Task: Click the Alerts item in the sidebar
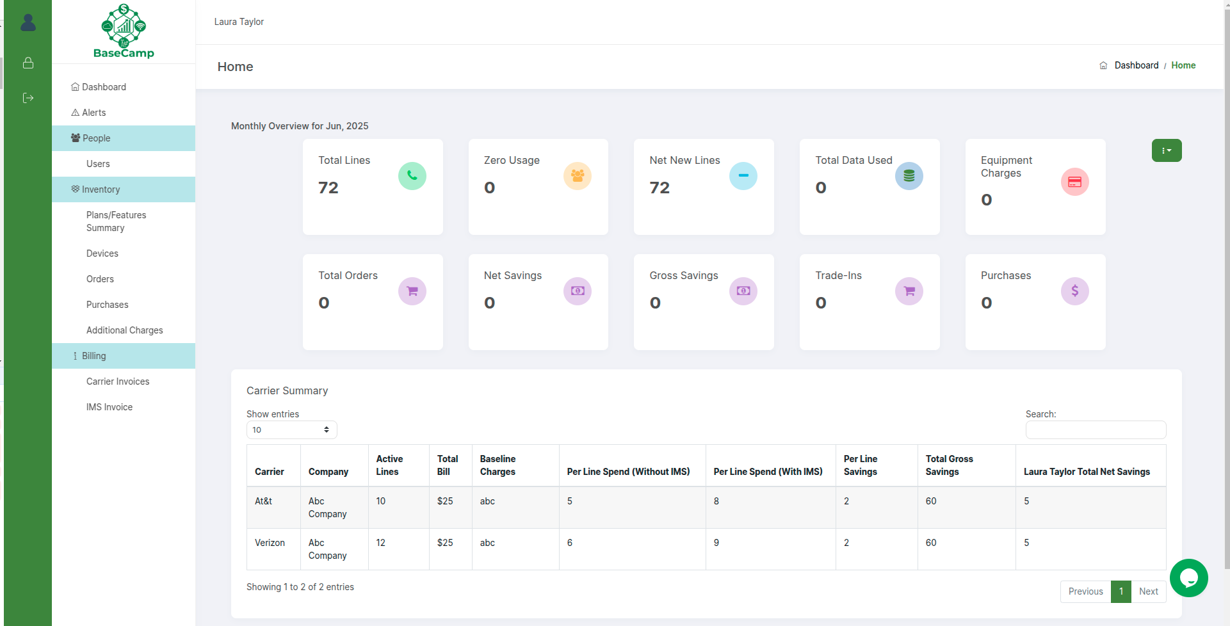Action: click(x=93, y=113)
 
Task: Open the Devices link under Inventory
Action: click(x=102, y=253)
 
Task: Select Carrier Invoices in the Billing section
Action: click(x=118, y=381)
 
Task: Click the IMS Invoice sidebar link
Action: click(x=109, y=407)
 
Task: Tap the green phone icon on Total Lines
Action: click(x=412, y=176)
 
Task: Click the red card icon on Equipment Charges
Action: click(x=1074, y=182)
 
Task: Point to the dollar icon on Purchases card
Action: click(x=1074, y=291)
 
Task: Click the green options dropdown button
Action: click(x=1166, y=150)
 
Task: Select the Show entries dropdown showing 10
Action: click(x=291, y=429)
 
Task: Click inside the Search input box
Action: click(x=1095, y=429)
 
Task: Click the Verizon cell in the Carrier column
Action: click(x=270, y=543)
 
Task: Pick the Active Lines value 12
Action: click(x=380, y=543)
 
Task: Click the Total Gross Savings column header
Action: click(x=949, y=465)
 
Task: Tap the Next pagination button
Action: click(x=1148, y=591)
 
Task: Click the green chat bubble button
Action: click(x=1188, y=578)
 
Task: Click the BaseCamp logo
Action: click(x=124, y=31)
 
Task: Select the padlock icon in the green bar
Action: click(x=28, y=63)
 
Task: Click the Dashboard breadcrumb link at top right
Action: click(x=1136, y=65)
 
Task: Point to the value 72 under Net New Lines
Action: click(x=660, y=188)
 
